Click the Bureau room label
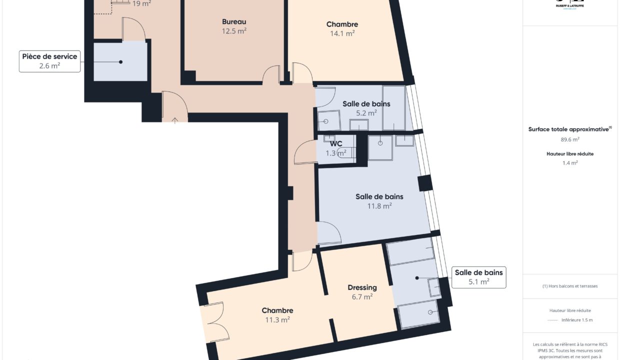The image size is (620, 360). [234, 21]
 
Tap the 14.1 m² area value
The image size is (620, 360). [342, 33]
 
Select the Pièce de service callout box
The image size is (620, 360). [49, 61]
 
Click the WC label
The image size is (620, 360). [336, 144]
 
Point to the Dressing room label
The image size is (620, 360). [362, 287]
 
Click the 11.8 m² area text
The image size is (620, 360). [379, 205]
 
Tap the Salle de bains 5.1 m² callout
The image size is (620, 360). [478, 277]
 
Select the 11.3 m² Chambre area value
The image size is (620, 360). [277, 320]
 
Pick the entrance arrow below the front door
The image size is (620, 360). [174, 120]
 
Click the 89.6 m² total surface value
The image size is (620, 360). [569, 139]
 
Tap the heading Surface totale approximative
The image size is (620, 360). [569, 129]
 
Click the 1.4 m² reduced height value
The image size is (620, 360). [569, 162]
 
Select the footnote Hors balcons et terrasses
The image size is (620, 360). [569, 286]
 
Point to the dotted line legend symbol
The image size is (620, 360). [552, 320]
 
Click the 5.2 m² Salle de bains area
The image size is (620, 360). [366, 113]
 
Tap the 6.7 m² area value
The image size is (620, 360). [361, 297]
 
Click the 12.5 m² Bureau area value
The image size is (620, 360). [234, 31]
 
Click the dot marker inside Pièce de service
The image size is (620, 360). [120, 62]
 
